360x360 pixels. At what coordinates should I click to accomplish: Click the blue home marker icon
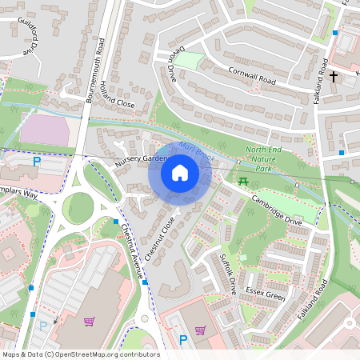[180, 173]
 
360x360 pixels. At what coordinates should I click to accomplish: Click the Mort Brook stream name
[195, 150]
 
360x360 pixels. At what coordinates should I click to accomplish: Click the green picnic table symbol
[244, 183]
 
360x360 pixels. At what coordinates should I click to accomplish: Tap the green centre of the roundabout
[78, 208]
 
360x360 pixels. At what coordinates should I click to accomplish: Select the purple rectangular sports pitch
[49, 130]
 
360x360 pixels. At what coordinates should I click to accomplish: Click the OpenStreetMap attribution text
[81, 354]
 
